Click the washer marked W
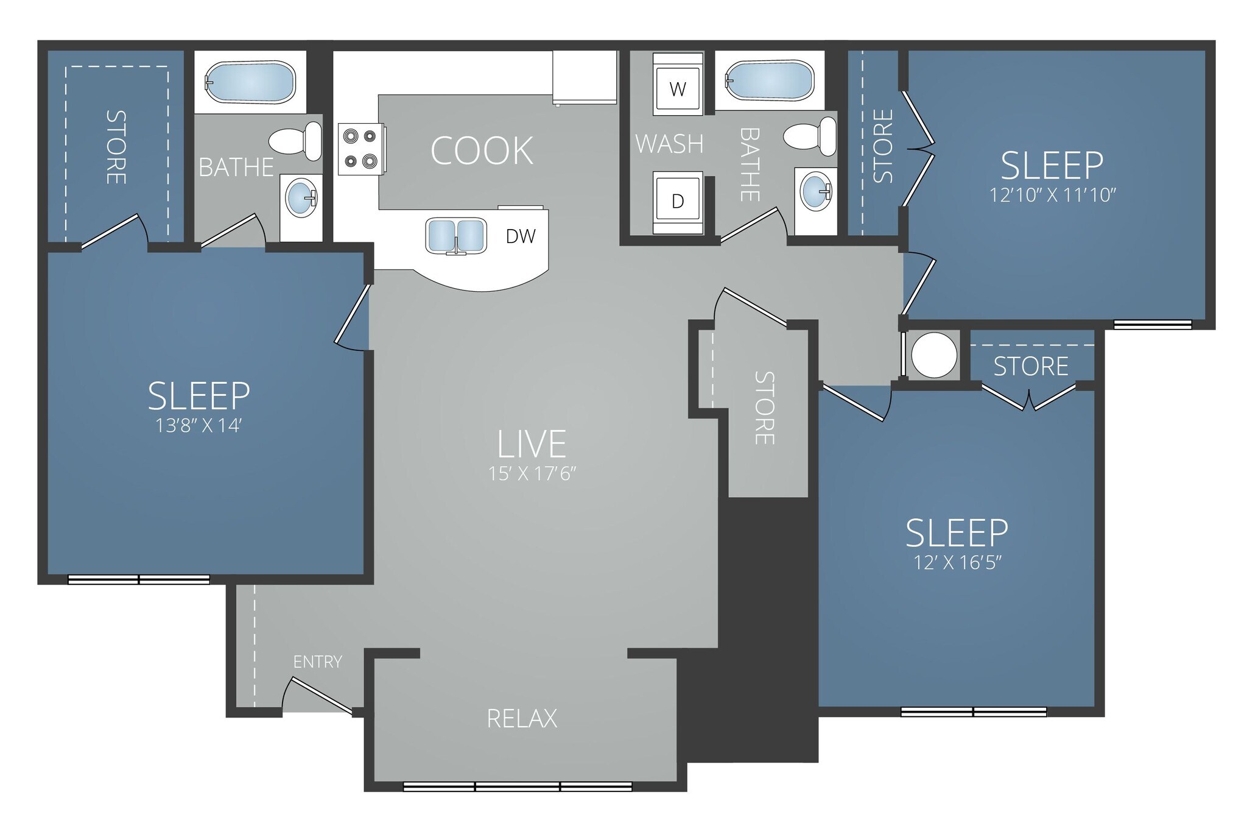pos(677,89)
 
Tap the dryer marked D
pos(677,201)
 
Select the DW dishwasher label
pos(521,236)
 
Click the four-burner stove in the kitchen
pos(360,149)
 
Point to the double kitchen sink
pos(455,236)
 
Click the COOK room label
pos(482,151)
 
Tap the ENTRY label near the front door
pos(317,662)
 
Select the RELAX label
pos(522,719)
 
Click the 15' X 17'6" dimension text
pos(532,473)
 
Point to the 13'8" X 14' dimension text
pos(198,425)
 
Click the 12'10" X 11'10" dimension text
pos(1052,195)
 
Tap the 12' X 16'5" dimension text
pos(957,562)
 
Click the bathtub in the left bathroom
pos(250,82)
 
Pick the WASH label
pos(669,144)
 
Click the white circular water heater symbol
pos(933,355)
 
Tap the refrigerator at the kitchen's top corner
pos(584,77)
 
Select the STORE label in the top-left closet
pos(116,147)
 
